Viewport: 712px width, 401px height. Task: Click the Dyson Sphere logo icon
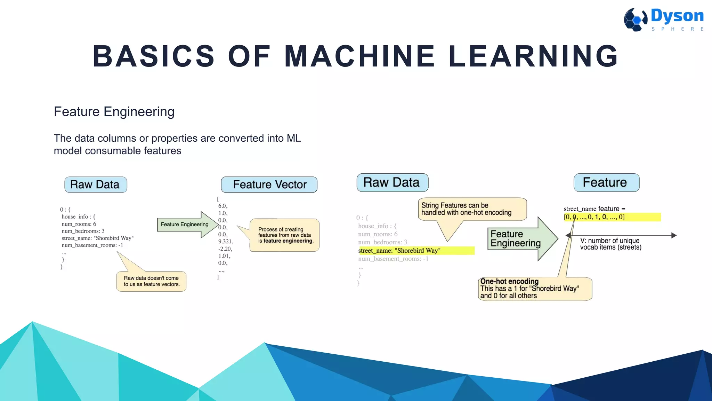tap(636, 19)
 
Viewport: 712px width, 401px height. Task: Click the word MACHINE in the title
tap(359, 56)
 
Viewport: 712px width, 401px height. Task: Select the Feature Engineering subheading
tap(114, 112)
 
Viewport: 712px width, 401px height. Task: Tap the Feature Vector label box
tap(269, 184)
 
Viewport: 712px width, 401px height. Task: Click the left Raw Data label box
tap(96, 184)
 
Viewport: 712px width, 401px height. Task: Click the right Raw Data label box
tap(392, 182)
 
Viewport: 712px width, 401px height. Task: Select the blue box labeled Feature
tap(606, 182)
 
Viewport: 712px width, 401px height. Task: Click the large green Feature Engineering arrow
tap(520, 239)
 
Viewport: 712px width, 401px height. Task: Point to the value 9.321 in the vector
tap(225, 242)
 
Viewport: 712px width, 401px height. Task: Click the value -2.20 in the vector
tap(225, 249)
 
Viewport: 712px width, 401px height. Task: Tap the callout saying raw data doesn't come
tap(152, 281)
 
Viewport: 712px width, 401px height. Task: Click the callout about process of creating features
tap(285, 235)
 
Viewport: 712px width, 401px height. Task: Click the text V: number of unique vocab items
tap(610, 244)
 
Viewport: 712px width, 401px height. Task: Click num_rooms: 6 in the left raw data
tap(79, 224)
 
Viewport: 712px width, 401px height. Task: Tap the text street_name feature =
tap(594, 209)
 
